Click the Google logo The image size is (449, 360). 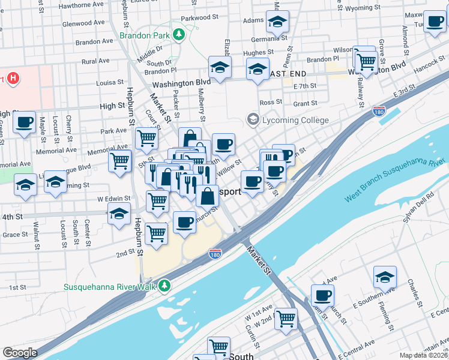coord(20,353)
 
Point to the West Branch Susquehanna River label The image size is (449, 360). coord(395,181)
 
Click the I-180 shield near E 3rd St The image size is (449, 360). coord(379,111)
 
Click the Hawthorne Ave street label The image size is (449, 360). coord(83,5)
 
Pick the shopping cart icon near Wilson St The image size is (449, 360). coord(365,59)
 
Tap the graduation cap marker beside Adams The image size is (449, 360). coord(277,22)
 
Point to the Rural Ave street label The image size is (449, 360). coord(97,61)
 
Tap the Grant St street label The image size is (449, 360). coord(306,103)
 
